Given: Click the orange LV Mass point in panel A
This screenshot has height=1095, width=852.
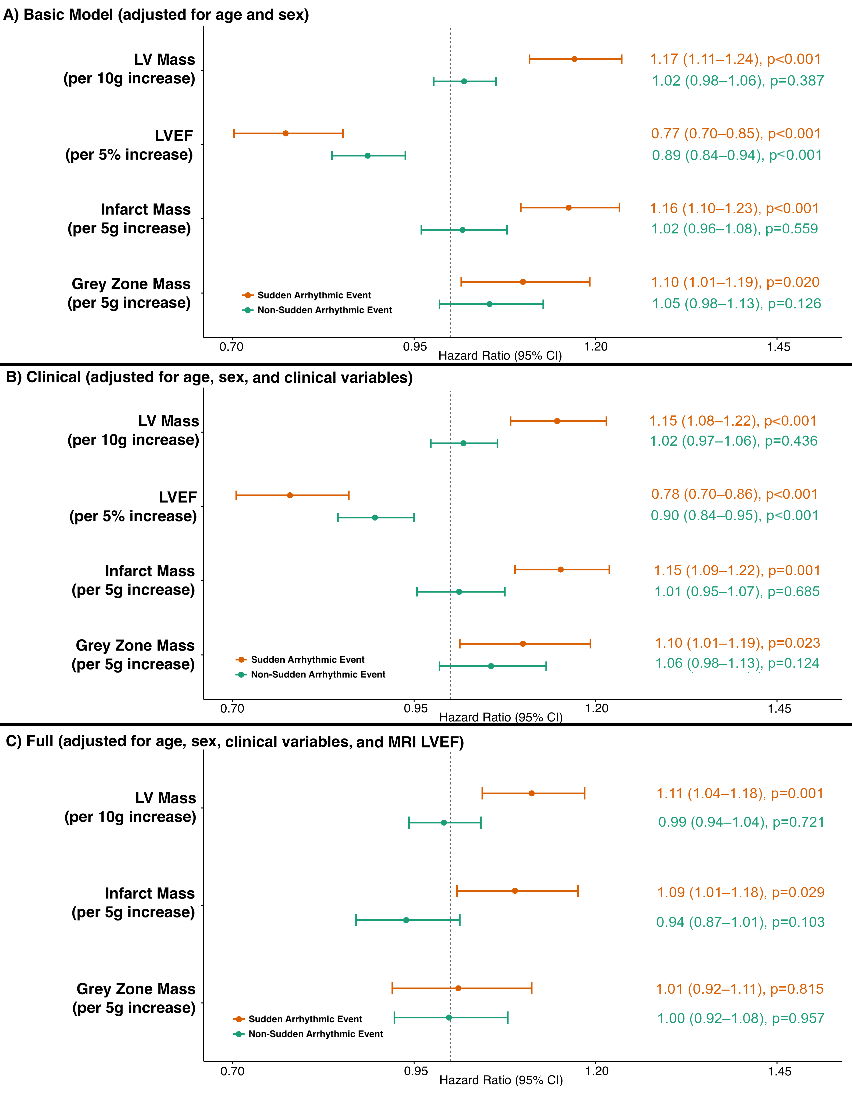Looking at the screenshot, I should pos(574,59).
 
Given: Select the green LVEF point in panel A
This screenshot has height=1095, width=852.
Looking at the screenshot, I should pos(368,155).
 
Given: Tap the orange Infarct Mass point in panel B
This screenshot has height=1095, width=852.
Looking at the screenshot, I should pos(561,570).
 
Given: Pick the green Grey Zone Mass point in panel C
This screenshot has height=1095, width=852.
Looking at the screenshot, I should pos(449,1017).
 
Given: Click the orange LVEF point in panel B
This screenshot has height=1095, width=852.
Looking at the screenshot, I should pos(290,495).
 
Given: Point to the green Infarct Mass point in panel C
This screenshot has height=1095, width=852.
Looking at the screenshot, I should pos(406,920).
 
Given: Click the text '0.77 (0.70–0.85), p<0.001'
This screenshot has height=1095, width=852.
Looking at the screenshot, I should pos(736,134).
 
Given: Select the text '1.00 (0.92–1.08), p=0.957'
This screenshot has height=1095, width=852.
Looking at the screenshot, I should pos(741,1018).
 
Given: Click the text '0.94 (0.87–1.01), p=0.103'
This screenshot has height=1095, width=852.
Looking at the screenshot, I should pos(740,922).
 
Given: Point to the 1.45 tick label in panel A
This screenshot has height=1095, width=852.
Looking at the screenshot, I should pos(778,347).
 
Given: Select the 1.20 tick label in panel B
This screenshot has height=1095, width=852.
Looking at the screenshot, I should pos(597,709).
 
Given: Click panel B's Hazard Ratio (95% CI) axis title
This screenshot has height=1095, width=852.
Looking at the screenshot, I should pos(500,717).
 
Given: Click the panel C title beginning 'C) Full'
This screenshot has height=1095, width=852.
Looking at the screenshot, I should pos(235,742).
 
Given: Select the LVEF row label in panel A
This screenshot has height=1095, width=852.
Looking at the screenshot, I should pos(129,145).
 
